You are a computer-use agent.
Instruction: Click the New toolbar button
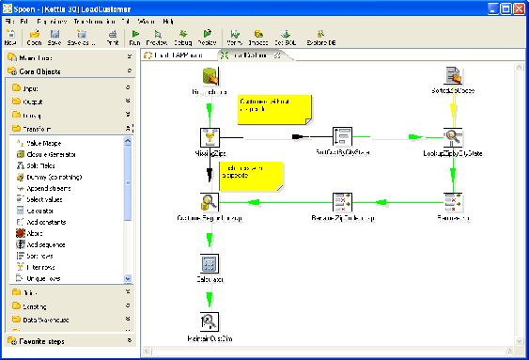(x=10, y=38)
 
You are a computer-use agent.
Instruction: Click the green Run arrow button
(x=135, y=38)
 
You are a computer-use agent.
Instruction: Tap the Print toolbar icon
(x=112, y=38)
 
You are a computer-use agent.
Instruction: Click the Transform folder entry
(x=38, y=129)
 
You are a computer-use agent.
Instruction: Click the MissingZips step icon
(x=210, y=137)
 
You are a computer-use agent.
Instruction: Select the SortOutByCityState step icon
(x=342, y=137)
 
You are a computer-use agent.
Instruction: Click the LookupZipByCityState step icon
(x=452, y=137)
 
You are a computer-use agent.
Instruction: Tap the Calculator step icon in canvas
(x=210, y=263)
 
